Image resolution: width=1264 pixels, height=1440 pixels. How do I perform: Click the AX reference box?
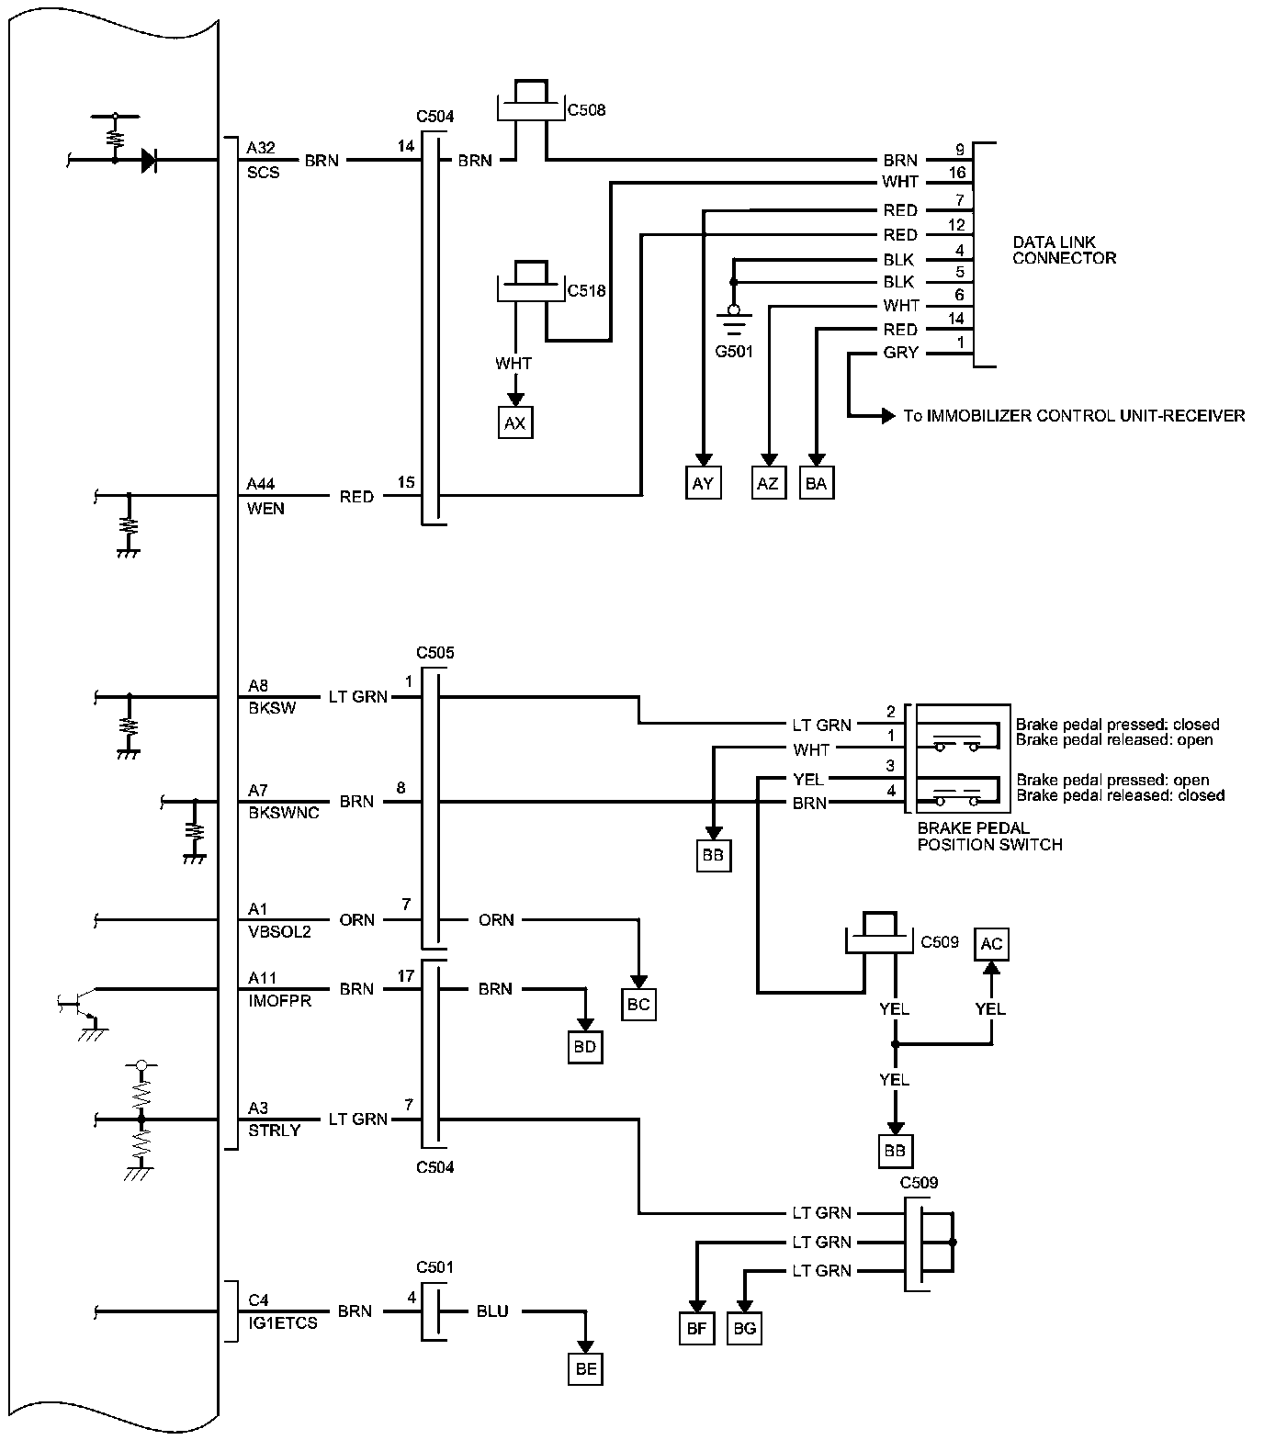point(515,422)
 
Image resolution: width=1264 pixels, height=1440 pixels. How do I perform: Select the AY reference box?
point(703,483)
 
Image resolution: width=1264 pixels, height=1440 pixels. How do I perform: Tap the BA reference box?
point(816,483)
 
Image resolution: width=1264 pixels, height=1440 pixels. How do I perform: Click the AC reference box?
point(991,944)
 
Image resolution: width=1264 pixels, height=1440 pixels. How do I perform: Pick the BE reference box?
point(586,1369)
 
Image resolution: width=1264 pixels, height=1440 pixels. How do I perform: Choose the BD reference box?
point(584,1047)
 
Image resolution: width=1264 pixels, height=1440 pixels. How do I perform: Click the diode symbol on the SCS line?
point(148,161)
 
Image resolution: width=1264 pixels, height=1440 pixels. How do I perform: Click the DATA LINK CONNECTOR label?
point(1064,251)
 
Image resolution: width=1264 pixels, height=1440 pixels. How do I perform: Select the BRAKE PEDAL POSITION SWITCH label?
point(989,837)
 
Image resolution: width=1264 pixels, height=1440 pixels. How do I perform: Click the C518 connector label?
point(587,291)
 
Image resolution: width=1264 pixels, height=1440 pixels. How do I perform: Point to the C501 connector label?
point(434,1267)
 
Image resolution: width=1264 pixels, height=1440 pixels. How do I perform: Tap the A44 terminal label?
point(261,484)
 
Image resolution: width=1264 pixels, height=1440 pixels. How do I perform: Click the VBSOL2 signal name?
point(279,932)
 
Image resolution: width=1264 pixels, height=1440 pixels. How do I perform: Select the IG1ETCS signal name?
point(282,1323)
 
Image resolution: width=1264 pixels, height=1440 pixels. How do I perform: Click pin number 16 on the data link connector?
point(957,174)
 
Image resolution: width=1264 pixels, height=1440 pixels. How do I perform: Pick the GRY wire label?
point(900,353)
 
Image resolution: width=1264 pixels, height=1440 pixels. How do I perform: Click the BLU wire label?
point(492,1311)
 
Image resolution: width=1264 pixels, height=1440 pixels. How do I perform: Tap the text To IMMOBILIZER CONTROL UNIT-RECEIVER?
point(1074,416)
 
